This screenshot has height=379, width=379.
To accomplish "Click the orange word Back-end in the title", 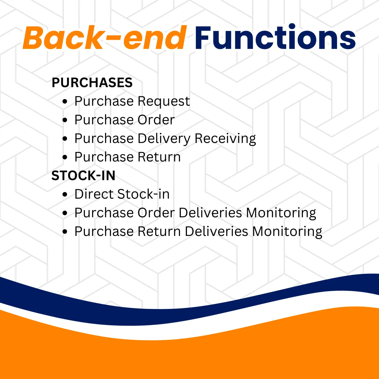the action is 105,37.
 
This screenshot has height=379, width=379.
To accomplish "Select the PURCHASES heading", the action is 92,82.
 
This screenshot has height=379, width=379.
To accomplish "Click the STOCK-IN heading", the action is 83,175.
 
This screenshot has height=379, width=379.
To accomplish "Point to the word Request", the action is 164,101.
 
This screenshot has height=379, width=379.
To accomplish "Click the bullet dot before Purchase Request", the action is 65,101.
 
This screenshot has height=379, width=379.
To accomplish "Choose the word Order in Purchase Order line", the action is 156,120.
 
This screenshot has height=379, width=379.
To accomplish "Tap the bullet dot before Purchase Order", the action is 65,120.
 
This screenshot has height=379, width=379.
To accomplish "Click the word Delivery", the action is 164,139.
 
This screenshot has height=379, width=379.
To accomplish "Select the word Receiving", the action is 225,139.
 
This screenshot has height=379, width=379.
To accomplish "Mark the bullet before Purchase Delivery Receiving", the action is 65,138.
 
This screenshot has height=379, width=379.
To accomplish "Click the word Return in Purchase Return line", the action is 159,157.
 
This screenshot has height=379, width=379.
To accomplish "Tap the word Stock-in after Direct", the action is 143,194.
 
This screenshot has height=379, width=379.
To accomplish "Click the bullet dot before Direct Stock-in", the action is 65,194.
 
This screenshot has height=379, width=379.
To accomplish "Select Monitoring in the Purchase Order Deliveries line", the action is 281,213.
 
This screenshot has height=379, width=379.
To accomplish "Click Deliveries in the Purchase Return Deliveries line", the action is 216,231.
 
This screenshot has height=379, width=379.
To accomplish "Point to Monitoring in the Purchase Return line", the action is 287,232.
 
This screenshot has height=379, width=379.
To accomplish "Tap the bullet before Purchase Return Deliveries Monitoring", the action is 65,232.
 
